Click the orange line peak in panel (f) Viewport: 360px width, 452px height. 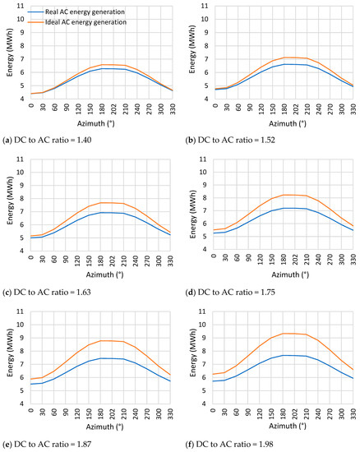tap(284, 333)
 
